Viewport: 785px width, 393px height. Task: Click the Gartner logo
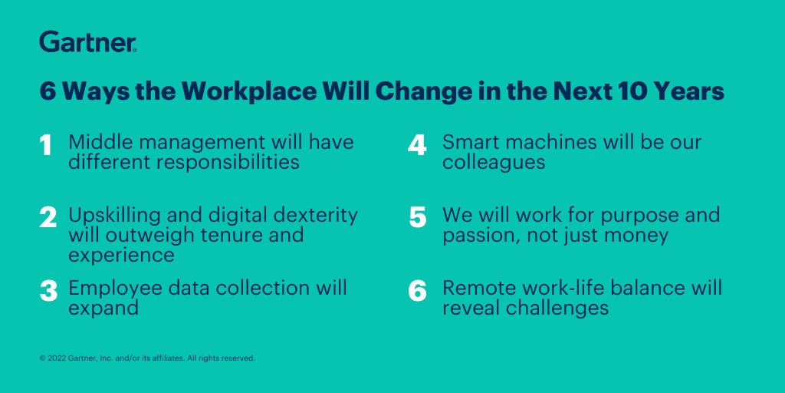87,41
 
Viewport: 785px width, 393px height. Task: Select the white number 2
48,217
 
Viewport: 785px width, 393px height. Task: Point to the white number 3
48,291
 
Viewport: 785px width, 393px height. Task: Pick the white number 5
417,217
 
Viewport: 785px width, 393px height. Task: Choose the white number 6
417,291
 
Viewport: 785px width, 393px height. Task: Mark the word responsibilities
226,163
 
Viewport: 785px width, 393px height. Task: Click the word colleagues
494,163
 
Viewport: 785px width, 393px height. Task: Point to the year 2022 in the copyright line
57,358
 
